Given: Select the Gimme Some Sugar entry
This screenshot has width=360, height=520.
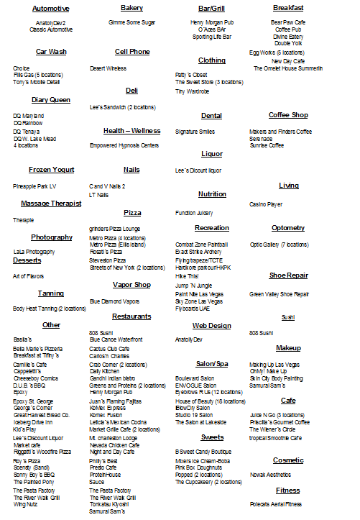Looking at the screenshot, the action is pyautogui.click(x=131, y=22).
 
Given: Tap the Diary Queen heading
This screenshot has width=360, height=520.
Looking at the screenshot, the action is pyautogui.click(x=51, y=100).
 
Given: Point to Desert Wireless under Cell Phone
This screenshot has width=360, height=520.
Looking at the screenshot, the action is pyautogui.click(x=108, y=68).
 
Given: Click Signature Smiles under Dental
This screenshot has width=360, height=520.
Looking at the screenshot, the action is pyautogui.click(x=195, y=132).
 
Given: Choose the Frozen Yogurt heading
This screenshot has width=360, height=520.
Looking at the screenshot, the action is pyautogui.click(x=52, y=170).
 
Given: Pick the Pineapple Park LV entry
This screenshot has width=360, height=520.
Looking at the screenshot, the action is pyautogui.click(x=34, y=186).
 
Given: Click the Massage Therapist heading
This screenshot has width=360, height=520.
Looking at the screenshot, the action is pyautogui.click(x=51, y=204).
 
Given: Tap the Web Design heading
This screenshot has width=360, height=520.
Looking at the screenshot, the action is pyautogui.click(x=211, y=325).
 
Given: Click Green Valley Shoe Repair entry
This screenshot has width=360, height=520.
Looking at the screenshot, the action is pyautogui.click(x=280, y=293).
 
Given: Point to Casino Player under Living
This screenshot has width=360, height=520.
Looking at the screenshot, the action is pyautogui.click(x=266, y=204).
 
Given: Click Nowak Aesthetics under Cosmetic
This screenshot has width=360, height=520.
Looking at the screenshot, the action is pyautogui.click(x=269, y=475).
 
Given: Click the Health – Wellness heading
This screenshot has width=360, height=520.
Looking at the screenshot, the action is pyautogui.click(x=131, y=131).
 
